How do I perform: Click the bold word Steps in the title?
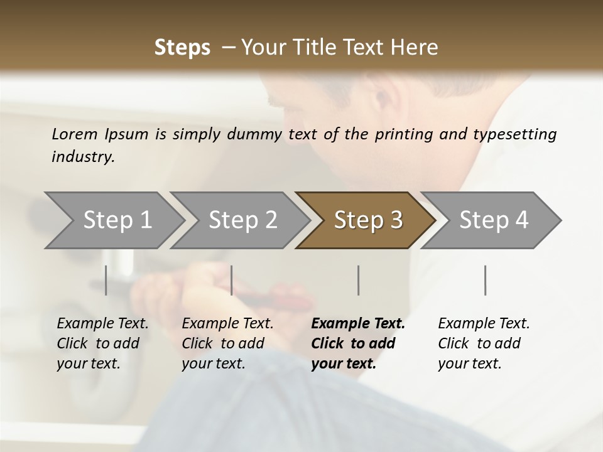coord(182,48)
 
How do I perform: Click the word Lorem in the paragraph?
coord(74,134)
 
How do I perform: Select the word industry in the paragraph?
coord(82,157)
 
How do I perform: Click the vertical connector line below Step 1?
coord(106,280)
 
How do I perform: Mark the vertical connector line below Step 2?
coord(232,280)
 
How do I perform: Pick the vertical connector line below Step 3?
coord(359,280)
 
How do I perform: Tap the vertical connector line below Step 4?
coord(486,280)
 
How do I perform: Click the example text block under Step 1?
coord(102,343)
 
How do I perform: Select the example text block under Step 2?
coord(227,343)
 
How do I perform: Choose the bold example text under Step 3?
coord(358,343)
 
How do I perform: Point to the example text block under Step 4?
coord(484,343)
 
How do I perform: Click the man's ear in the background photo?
coord(379,100)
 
